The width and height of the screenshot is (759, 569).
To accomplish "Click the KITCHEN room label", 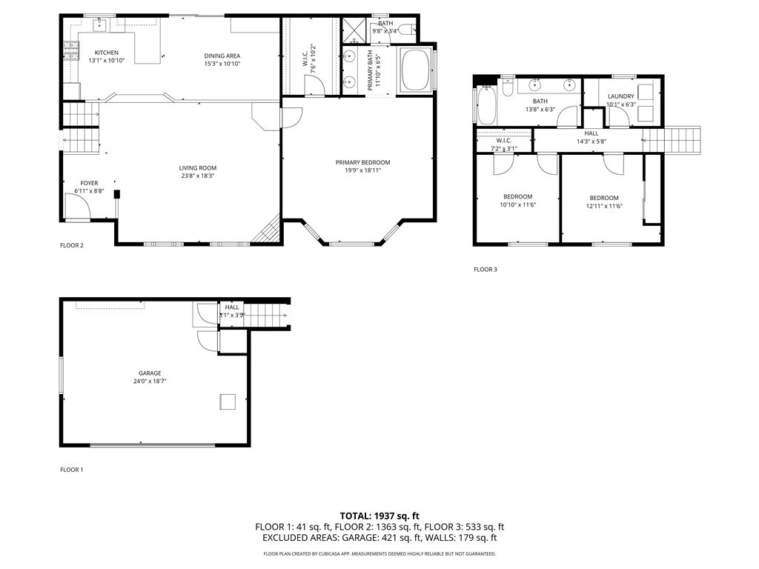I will coord(106,53).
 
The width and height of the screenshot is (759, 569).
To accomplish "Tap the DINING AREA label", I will coord(222,56).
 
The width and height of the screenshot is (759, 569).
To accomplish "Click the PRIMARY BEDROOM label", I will coord(362,162).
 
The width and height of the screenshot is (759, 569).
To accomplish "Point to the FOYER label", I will coord(89,183).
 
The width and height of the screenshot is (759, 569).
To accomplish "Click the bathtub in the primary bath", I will coord(416,70).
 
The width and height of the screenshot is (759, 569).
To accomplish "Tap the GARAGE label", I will coord(149,373).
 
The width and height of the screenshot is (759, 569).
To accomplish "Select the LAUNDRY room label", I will coord(620,96).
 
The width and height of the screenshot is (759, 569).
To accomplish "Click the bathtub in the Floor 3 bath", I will coord(486,106).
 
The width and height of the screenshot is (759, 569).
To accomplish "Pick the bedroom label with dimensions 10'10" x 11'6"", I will coord(517,197).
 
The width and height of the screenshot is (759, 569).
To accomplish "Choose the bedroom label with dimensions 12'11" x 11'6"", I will coord(604,198).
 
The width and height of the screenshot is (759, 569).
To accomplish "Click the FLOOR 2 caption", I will coord(72,244).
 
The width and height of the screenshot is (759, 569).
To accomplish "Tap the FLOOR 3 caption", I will coord(485,270).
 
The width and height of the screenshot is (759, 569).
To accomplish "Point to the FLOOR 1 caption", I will coord(72,470).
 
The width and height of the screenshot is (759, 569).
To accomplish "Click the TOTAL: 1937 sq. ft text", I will coord(379,516).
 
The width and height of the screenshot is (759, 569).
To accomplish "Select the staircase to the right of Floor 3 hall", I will coord(672,140).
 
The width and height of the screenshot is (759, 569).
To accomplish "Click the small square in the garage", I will coord(228,402).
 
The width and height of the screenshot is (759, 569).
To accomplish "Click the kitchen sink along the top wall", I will coord(99,26).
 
